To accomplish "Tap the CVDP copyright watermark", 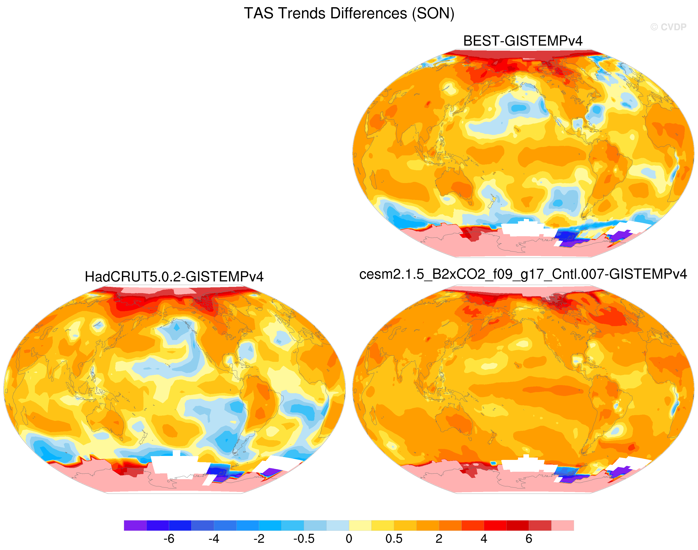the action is click(x=668, y=27).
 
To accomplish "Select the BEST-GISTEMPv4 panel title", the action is click(x=523, y=41).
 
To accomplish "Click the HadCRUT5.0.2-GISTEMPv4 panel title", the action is click(x=174, y=277).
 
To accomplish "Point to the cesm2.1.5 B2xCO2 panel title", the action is click(x=523, y=274).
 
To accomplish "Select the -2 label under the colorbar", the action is click(x=259, y=538).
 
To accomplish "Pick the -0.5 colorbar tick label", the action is click(x=304, y=538).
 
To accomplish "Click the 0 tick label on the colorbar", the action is click(x=349, y=538).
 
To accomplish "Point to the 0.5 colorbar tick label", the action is click(x=394, y=538).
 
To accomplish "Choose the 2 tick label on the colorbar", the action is click(x=439, y=538).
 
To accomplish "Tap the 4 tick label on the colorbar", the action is click(x=484, y=538).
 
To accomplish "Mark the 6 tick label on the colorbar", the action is click(x=529, y=538).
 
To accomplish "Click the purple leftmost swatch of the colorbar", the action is click(x=135, y=525).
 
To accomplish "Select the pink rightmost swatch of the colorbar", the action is click(x=563, y=525).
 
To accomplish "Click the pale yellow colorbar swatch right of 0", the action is click(x=360, y=525).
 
